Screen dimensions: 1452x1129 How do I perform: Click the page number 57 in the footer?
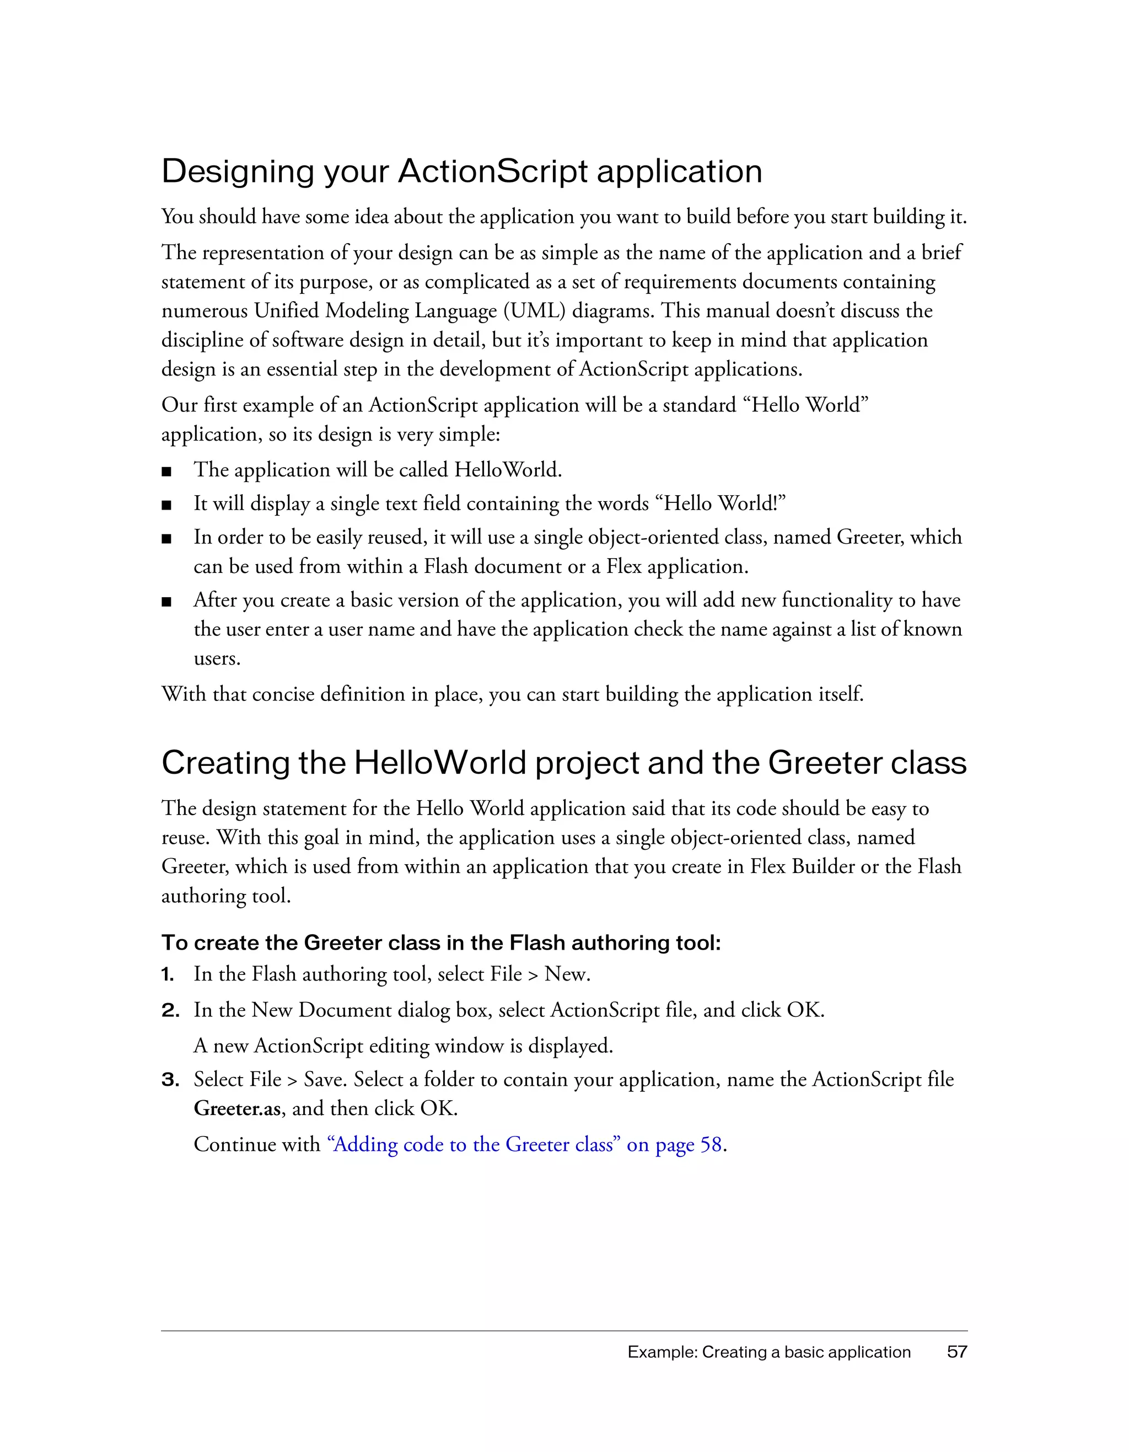click(957, 1352)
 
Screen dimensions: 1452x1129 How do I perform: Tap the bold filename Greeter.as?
click(237, 1109)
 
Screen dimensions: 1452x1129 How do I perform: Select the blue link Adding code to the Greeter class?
click(476, 1145)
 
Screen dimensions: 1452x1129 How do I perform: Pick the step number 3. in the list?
click(170, 1080)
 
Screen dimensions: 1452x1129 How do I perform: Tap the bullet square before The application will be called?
click(167, 472)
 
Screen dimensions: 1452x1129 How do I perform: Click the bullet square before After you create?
click(167, 602)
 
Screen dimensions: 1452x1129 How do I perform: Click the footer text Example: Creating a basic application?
click(769, 1352)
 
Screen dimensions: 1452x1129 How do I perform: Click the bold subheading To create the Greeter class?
click(440, 943)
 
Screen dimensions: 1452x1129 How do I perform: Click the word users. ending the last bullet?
click(217, 659)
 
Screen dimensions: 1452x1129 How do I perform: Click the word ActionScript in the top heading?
click(492, 172)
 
